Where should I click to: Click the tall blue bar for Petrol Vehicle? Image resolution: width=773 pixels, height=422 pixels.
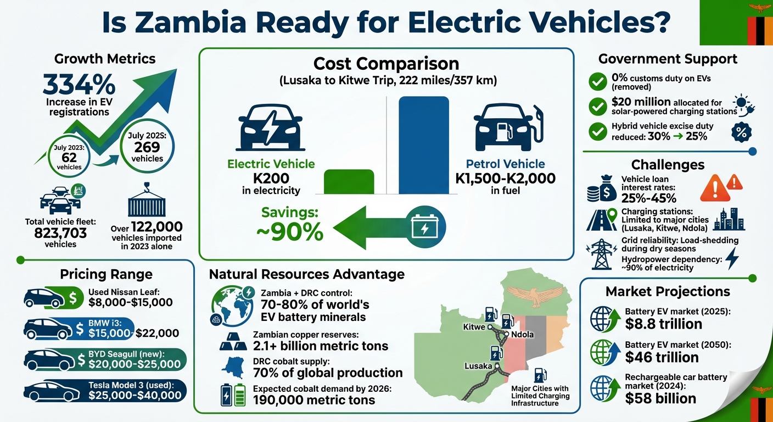[x=423, y=145]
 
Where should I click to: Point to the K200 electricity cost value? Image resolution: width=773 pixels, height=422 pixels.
[x=271, y=178]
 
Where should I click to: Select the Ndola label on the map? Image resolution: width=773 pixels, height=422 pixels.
[x=522, y=334]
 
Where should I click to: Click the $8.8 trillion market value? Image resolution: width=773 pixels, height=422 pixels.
[x=663, y=324]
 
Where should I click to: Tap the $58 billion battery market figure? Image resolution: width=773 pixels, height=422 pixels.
[x=660, y=398]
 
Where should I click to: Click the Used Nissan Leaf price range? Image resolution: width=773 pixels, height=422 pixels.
[x=130, y=302]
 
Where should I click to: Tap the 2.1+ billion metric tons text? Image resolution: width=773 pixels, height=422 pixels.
[x=321, y=346]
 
